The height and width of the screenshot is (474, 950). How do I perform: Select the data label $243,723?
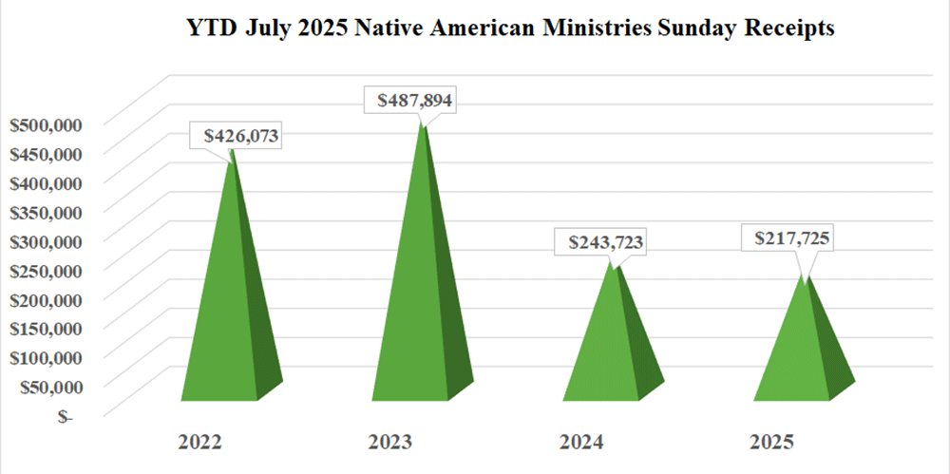pos(606,243)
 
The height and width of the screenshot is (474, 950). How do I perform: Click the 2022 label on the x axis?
pos(199,443)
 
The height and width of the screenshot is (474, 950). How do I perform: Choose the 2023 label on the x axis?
pos(389,443)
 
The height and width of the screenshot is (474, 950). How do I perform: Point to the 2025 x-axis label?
pos(770,443)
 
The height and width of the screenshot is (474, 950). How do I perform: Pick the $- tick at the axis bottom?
pos(63,416)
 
